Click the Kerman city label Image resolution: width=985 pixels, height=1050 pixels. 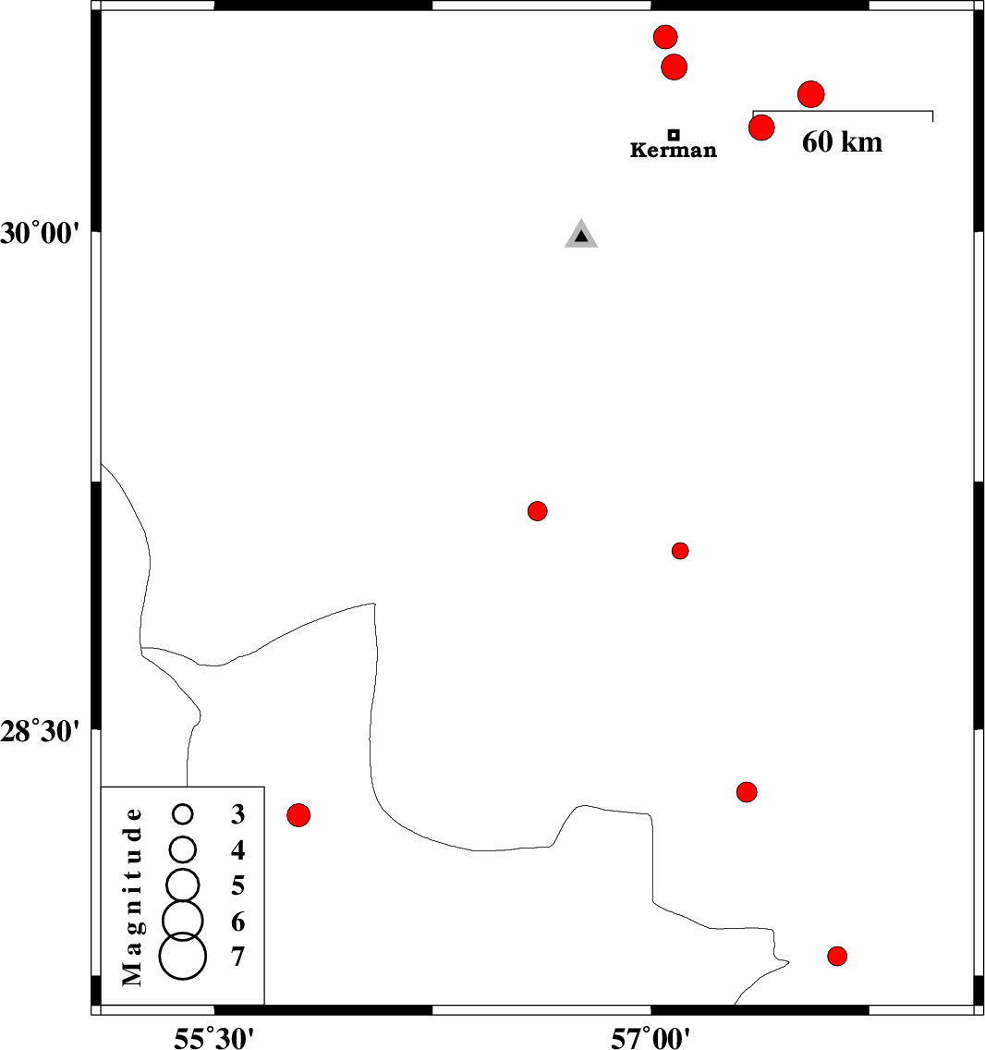point(673,150)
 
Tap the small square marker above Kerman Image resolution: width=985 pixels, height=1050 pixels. point(674,135)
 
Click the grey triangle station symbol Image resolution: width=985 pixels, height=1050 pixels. point(581,234)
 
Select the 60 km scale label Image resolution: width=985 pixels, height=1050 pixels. point(842,142)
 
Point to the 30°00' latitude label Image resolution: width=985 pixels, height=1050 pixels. point(40,234)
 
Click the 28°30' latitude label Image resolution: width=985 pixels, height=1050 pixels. point(40,732)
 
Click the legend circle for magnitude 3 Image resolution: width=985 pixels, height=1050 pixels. point(183,814)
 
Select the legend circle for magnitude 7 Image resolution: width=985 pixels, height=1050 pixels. point(183,957)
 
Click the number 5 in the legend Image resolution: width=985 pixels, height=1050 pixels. point(237,885)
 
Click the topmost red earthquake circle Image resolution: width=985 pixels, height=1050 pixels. point(665,37)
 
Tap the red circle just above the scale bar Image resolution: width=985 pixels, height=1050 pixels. point(811,94)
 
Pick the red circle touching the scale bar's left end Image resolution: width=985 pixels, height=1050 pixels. point(761,128)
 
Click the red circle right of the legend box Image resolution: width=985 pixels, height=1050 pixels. point(298,815)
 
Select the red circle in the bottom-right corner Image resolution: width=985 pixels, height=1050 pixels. point(837,957)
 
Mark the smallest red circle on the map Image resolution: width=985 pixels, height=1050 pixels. point(680,551)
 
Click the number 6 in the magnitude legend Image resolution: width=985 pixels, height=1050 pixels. point(237,922)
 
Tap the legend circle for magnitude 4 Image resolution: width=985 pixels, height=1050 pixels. point(183,849)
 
